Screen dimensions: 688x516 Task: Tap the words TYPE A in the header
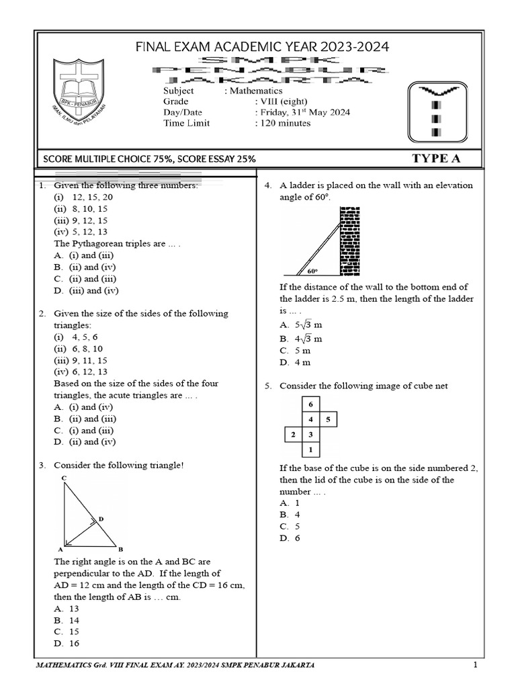437,159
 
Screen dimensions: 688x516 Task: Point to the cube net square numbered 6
310,404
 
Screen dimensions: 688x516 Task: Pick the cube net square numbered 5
327,419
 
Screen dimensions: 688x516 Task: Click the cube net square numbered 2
293,435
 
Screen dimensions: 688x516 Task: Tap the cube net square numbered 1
310,449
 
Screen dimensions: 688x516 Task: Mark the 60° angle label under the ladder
312,271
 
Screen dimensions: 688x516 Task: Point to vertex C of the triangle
63,478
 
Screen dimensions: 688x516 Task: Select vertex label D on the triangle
101,519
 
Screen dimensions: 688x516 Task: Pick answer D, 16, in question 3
67,644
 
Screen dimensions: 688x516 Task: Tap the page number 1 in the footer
474,665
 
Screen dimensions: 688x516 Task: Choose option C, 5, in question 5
290,527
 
